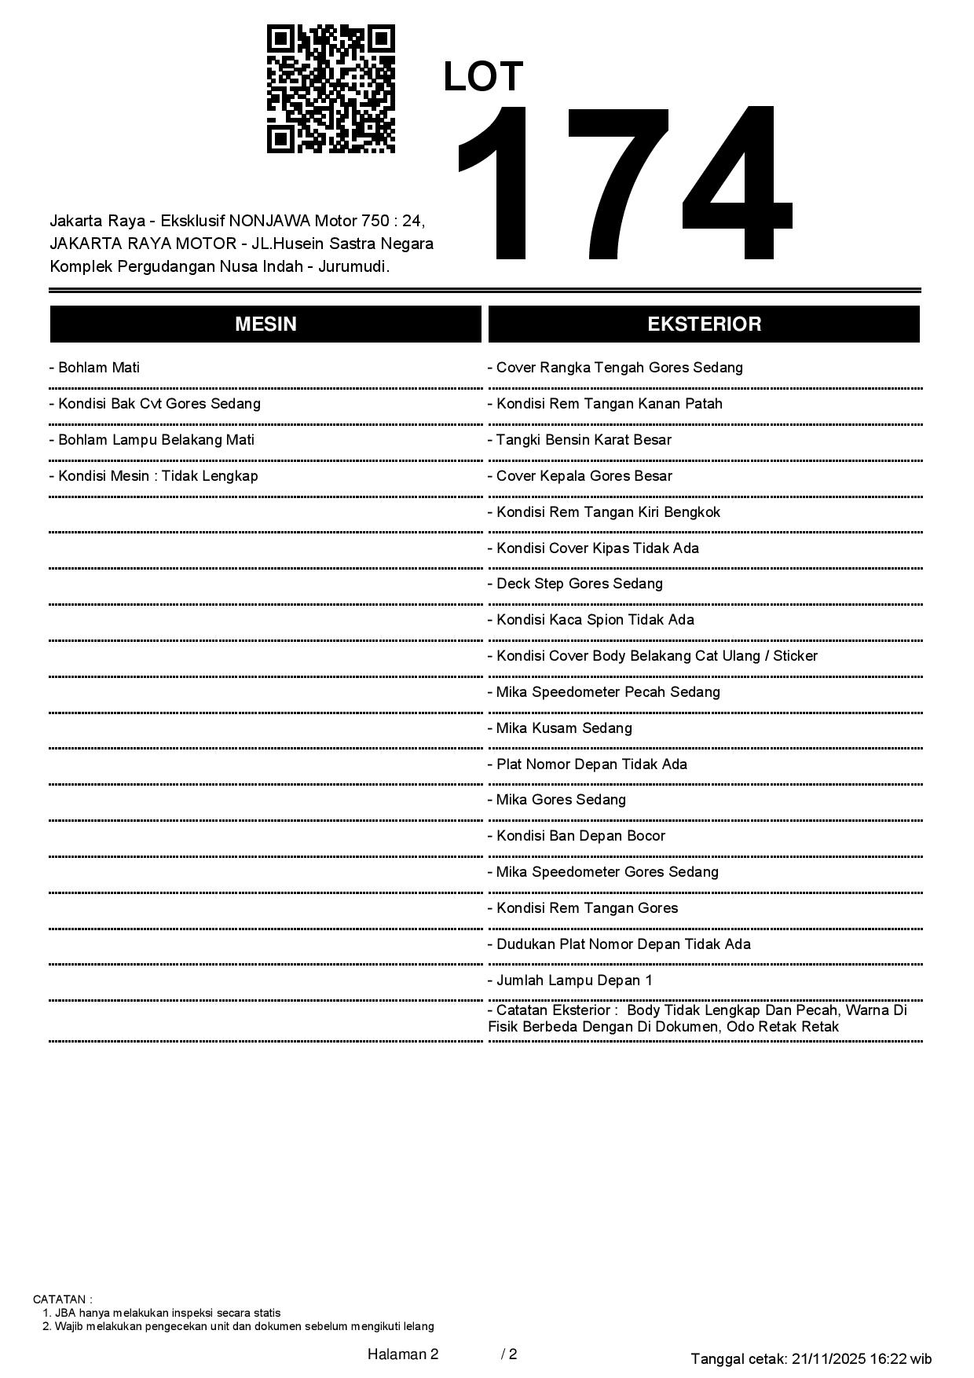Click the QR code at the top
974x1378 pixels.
click(x=331, y=89)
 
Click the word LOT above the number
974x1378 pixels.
click(x=483, y=77)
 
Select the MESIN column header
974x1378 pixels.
click(x=265, y=324)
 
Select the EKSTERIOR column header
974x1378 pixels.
click(x=704, y=324)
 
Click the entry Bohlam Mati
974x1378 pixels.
click(x=94, y=368)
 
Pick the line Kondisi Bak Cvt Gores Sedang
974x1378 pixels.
click(x=155, y=404)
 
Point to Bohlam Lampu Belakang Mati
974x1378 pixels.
click(x=152, y=440)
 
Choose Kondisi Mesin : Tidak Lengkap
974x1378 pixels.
click(x=153, y=476)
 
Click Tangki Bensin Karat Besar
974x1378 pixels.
click(x=580, y=440)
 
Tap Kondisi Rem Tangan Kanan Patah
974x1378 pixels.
click(x=605, y=404)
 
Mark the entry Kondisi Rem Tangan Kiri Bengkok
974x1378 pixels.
click(x=604, y=512)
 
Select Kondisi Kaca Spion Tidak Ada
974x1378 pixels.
click(x=591, y=620)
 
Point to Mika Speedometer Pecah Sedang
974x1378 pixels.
click(x=604, y=692)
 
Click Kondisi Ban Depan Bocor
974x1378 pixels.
click(x=577, y=836)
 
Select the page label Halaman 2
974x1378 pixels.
click(x=403, y=1354)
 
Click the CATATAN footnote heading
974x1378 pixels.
click(x=63, y=1299)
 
